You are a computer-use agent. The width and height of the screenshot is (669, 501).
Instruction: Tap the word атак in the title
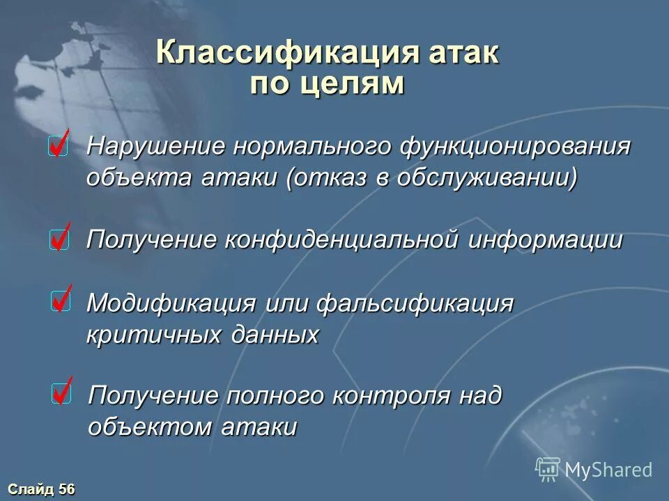pos(465,53)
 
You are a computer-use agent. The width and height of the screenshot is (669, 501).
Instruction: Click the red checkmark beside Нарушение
pos(59,145)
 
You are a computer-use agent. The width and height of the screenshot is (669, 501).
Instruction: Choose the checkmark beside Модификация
pos(60,301)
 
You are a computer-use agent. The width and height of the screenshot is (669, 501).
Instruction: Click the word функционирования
pos(516,147)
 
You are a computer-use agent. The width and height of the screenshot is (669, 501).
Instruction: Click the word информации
pos(546,240)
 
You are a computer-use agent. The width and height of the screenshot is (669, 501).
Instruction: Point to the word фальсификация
pos(416,303)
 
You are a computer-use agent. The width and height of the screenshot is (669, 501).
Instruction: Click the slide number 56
pos(66,489)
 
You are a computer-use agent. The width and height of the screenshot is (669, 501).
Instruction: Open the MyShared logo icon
pos(548,468)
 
